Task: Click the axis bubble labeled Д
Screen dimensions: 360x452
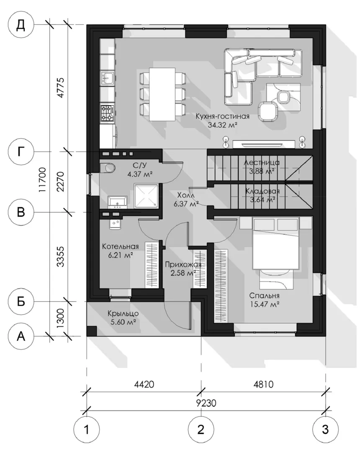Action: coord(21,25)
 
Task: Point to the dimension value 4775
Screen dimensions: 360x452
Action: coord(61,87)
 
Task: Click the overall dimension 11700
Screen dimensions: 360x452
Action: coord(42,180)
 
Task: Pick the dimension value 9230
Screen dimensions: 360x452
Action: coord(206,403)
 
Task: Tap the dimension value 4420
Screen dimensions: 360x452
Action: coord(144,384)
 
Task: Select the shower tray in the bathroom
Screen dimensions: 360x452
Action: coord(146,195)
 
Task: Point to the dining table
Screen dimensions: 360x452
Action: coord(162,94)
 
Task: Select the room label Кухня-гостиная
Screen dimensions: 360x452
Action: coord(223,117)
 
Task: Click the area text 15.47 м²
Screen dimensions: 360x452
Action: coord(264,304)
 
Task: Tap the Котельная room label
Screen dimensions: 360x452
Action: coord(121,247)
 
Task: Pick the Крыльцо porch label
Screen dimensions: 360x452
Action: coord(123,313)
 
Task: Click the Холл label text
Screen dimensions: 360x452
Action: coord(186,195)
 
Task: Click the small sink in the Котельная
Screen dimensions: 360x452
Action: coord(115,223)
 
